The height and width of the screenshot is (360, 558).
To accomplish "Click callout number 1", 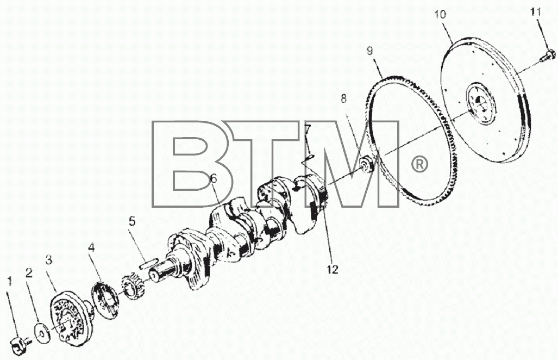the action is click(x=10, y=282).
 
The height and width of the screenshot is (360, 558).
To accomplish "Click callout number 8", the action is click(x=343, y=98).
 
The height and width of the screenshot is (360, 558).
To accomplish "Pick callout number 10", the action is click(x=440, y=15).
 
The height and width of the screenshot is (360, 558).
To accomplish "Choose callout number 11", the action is click(x=536, y=12).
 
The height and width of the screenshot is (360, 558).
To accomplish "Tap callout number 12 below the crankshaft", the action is click(x=333, y=270).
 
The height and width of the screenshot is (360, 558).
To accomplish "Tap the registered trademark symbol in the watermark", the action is click(x=419, y=164).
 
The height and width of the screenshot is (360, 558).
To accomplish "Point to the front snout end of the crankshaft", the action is click(x=154, y=275).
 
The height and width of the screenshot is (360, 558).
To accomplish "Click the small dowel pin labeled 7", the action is click(x=310, y=155).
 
